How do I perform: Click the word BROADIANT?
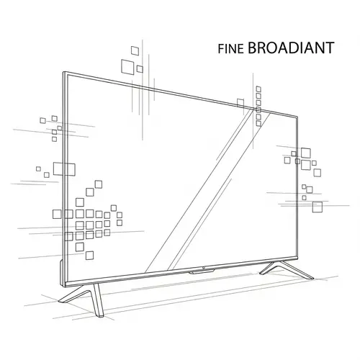[x=290, y=48]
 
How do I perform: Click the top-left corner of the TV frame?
[x=63, y=73]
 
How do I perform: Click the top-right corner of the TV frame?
[x=298, y=116]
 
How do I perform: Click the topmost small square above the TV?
[x=134, y=50]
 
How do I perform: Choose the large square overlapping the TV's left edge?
[x=63, y=168]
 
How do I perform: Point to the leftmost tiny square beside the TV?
[x=38, y=168]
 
